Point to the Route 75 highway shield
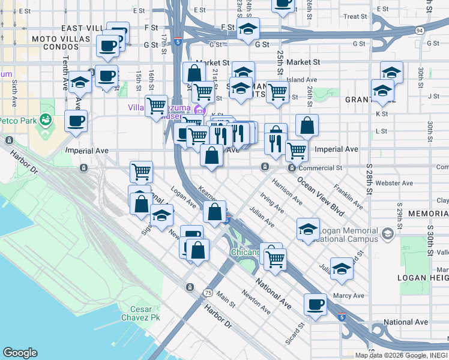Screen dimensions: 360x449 point(208,292)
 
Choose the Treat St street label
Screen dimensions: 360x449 point(355,17)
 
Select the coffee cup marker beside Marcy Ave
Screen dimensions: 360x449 point(315,304)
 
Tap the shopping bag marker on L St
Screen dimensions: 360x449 point(307,125)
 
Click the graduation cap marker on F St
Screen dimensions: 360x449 point(247,29)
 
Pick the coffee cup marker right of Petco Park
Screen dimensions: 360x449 point(76,121)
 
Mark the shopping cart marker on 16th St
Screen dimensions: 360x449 point(156,106)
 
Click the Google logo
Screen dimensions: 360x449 point(20,353)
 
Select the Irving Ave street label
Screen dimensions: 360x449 point(272,203)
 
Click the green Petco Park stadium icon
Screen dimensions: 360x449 point(45,121)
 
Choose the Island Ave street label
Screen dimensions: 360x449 point(302,79)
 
